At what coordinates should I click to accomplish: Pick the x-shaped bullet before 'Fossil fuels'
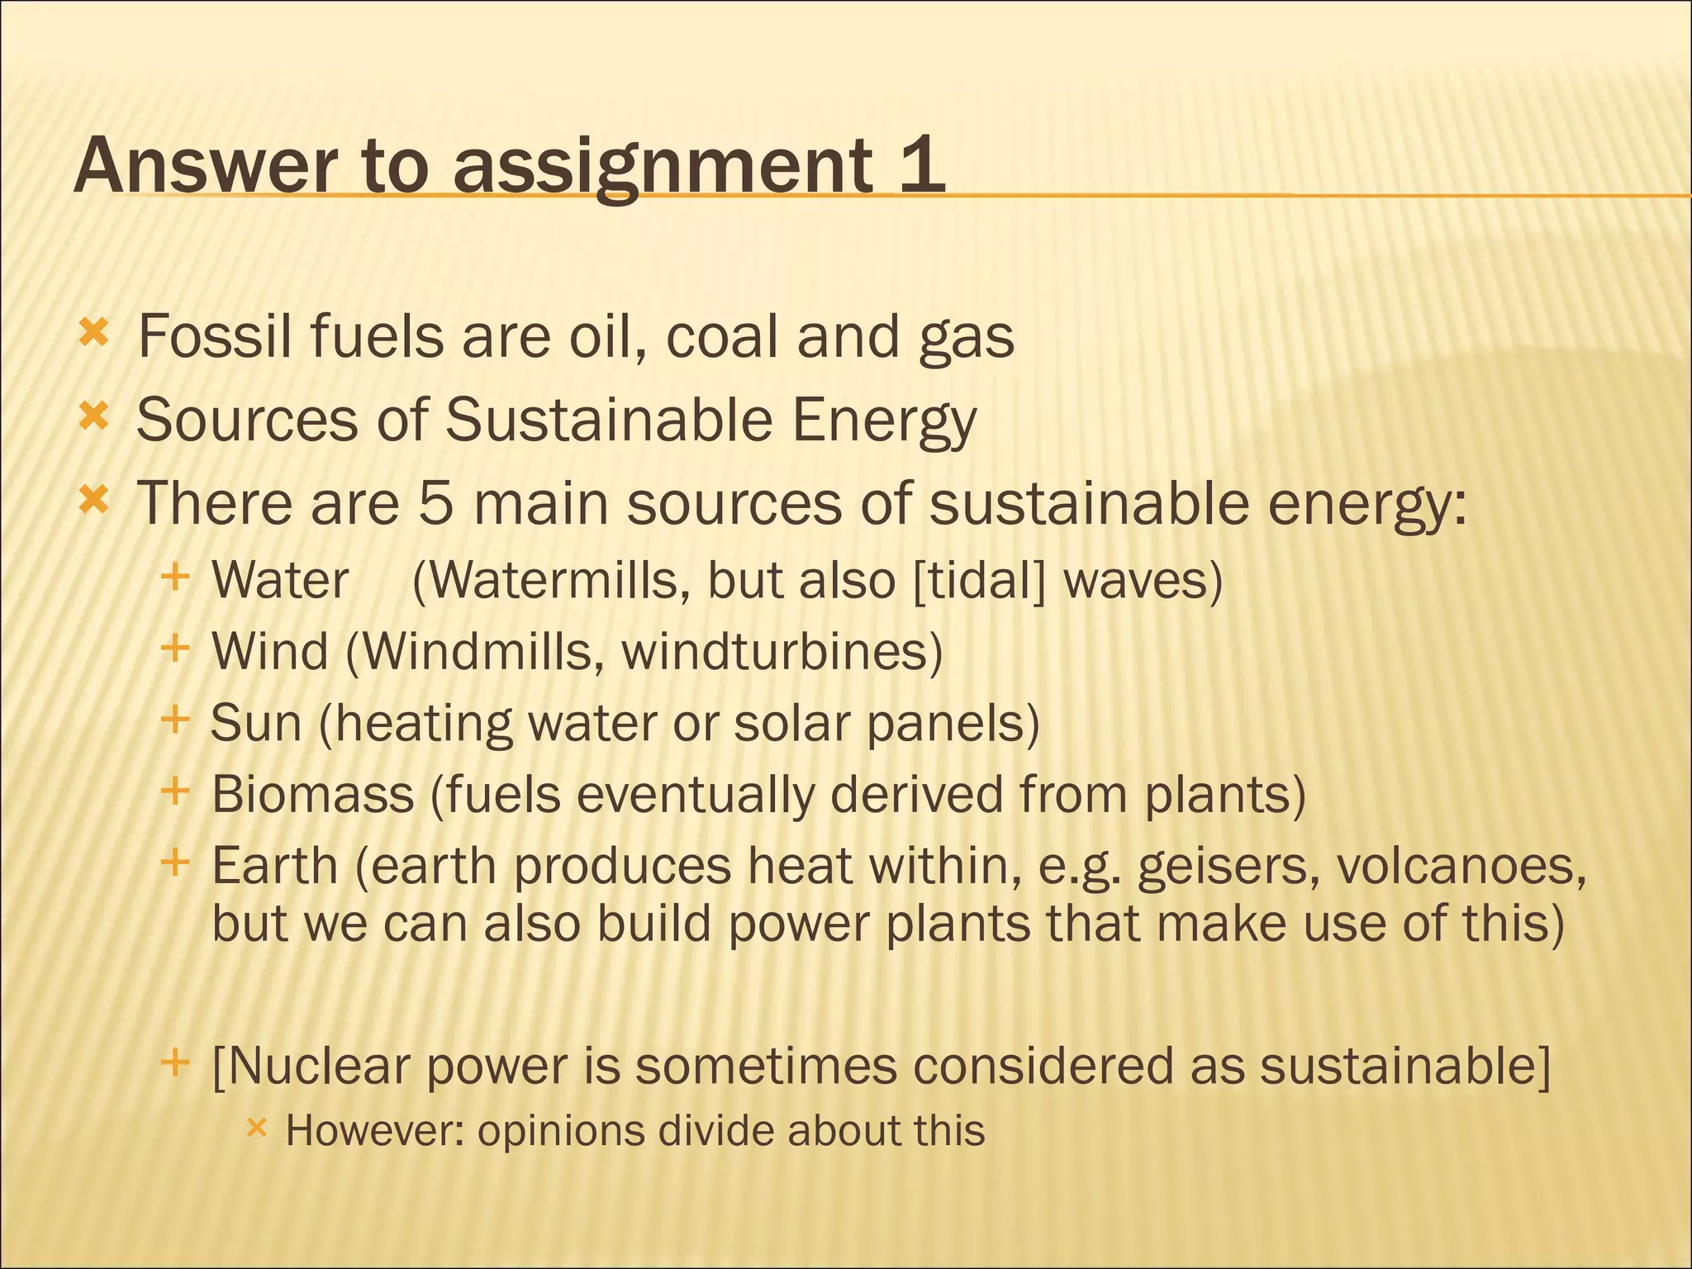coord(93,335)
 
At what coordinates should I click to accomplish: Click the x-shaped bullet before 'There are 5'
coord(93,500)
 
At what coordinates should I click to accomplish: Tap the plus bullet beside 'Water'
coord(175,577)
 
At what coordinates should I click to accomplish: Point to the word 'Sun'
coord(256,723)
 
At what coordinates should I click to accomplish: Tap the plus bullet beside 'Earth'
coord(175,863)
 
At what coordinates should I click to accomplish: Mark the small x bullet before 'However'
coord(257,1127)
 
